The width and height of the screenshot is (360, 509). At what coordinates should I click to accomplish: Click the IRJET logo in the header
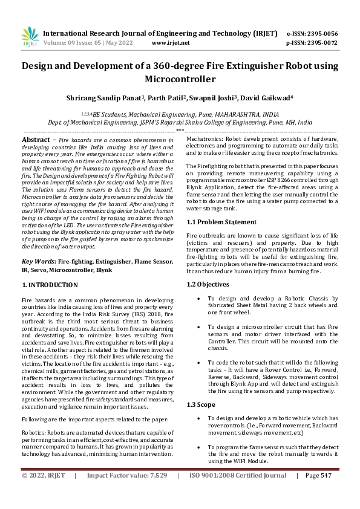pos(29,37)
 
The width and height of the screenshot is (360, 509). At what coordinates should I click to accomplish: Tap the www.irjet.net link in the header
pos(171,43)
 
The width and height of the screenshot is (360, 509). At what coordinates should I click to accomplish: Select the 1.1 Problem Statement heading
pos(221,222)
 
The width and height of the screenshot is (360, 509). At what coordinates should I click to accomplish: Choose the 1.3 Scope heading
pos(202,404)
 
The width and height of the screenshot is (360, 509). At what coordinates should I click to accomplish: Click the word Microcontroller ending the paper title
pos(180,79)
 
